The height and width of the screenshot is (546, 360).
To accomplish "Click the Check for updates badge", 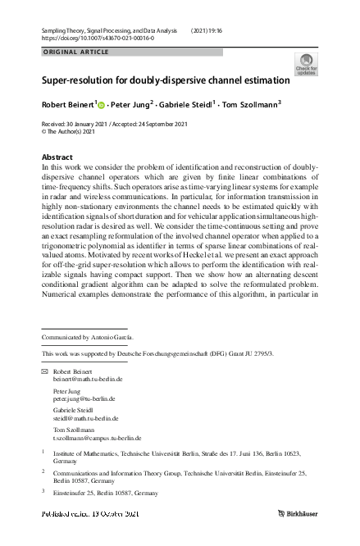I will point(306,65).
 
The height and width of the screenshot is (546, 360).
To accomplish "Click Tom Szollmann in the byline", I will point(253,104).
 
